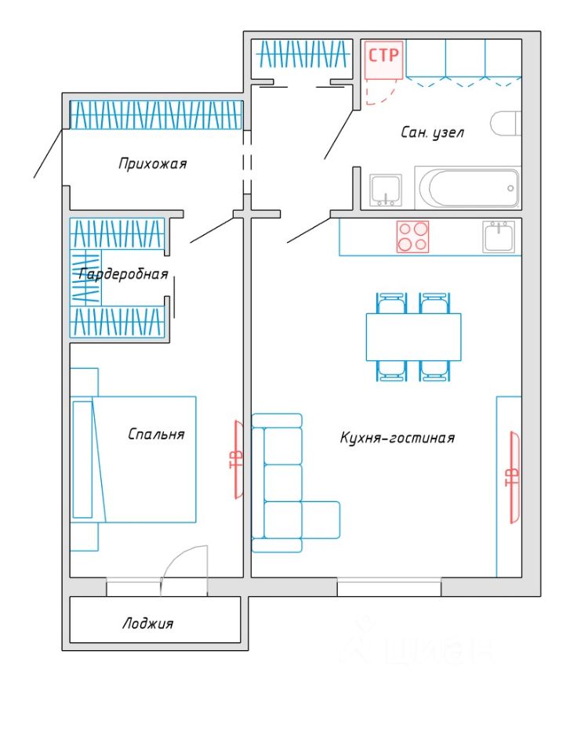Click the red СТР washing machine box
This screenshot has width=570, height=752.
[x=383, y=60]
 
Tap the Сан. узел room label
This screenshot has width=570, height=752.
[x=432, y=132]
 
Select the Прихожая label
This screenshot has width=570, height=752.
[x=152, y=164]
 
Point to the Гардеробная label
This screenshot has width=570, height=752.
[x=123, y=274]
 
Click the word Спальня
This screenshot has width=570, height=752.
[x=156, y=434]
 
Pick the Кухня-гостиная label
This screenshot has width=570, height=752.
[x=398, y=438]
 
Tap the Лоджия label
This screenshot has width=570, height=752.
[x=147, y=624]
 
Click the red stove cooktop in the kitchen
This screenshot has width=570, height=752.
[x=412, y=237]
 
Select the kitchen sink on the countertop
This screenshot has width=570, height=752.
[x=499, y=236]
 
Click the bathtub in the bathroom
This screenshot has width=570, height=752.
[x=467, y=187]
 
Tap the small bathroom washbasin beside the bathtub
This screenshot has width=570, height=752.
[x=386, y=190]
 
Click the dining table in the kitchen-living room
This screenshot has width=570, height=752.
[x=413, y=337]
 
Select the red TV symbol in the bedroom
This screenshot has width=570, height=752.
[x=237, y=460]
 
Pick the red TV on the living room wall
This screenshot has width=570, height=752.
[x=514, y=478]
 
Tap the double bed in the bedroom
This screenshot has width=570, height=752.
[x=133, y=460]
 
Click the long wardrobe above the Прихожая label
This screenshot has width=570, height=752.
[x=156, y=114]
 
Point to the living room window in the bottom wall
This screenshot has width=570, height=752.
[x=389, y=587]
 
